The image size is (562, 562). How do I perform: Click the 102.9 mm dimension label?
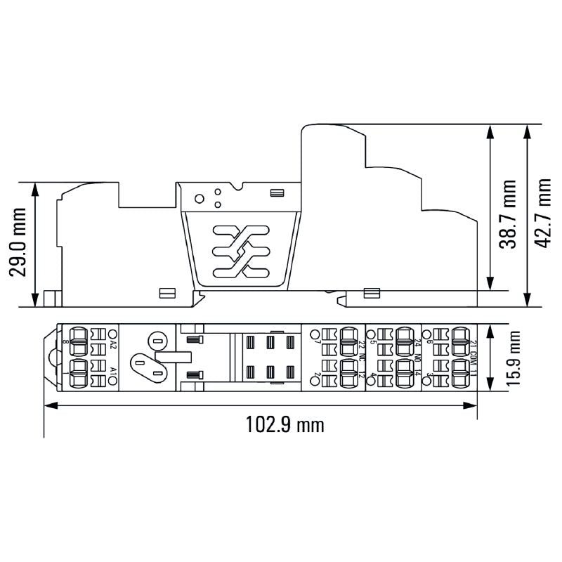285,424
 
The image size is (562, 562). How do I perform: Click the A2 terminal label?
113,344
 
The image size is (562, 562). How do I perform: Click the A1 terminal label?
113,369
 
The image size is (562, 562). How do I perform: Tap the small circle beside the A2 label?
113,333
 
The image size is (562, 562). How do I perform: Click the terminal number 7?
318,343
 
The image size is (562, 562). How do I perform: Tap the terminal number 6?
428,343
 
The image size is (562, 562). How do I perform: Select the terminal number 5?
373,343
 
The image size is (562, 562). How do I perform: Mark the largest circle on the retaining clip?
200,198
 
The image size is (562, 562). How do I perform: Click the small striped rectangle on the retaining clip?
277,192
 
